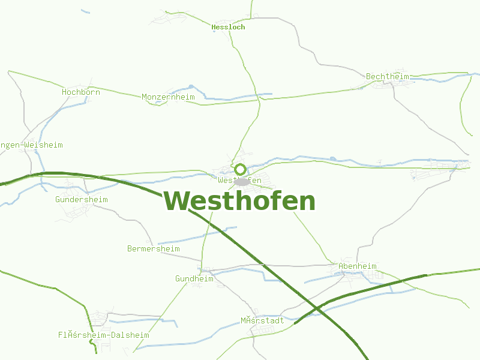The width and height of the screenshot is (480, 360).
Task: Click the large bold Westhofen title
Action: pyautogui.click(x=239, y=202)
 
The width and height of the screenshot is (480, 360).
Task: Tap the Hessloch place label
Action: pyautogui.click(x=228, y=27)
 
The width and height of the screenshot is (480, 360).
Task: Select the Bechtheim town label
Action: pyautogui.click(x=387, y=76)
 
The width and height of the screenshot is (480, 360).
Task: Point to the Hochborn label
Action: pyautogui.click(x=80, y=92)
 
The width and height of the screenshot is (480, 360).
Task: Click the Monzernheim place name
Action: pyautogui.click(x=168, y=97)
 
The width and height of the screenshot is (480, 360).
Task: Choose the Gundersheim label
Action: pyautogui.click(x=81, y=199)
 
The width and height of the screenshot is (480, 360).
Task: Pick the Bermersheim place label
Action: pyautogui.click(x=153, y=248)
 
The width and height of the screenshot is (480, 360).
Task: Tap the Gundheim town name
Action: pyautogui.click(x=194, y=278)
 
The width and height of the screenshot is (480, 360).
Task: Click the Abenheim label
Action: pyautogui.click(x=357, y=266)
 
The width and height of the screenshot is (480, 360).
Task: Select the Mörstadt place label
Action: pyautogui.click(x=262, y=320)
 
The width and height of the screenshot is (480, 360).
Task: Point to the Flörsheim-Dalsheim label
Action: pyautogui.click(x=103, y=335)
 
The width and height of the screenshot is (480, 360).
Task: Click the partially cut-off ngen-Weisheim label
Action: pyautogui.click(x=31, y=145)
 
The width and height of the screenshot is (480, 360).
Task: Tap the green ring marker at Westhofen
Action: pyautogui.click(x=240, y=169)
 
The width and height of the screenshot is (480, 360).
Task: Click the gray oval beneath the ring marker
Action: pyautogui.click(x=242, y=181)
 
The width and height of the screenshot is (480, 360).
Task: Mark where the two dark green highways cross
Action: pyautogui.click(x=316, y=309)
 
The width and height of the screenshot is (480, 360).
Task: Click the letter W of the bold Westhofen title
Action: pyautogui.click(x=178, y=202)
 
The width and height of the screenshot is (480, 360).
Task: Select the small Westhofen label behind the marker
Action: pyautogui.click(x=239, y=180)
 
